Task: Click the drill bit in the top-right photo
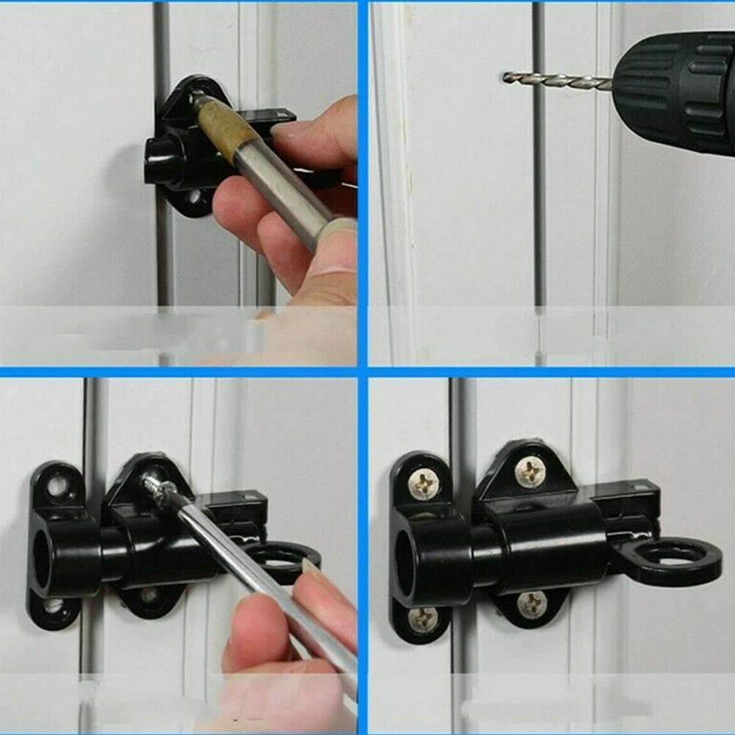click(558, 81)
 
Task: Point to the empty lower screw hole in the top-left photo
click(192, 197)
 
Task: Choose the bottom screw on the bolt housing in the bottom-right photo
click(532, 604)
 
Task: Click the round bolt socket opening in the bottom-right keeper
click(406, 556)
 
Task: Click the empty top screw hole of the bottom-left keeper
click(57, 484)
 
